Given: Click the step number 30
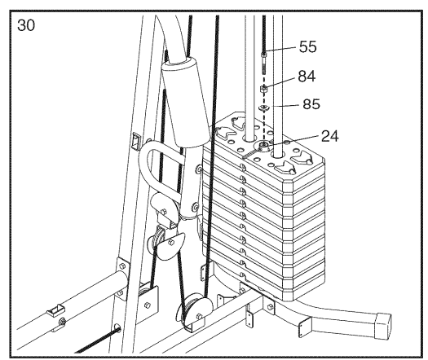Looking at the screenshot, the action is pyautogui.click(x=26, y=25).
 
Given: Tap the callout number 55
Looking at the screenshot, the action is pyautogui.click(x=308, y=46).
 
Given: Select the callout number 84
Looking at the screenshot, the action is pyautogui.click(x=307, y=77).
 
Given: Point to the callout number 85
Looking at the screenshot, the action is pyautogui.click(x=311, y=104).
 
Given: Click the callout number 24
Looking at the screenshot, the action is pyautogui.click(x=330, y=136).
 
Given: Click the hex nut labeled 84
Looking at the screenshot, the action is pyautogui.click(x=263, y=89).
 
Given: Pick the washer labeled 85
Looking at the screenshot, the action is pyautogui.click(x=263, y=108).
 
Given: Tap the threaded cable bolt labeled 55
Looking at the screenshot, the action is pyautogui.click(x=264, y=63).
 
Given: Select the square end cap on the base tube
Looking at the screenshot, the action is pyautogui.click(x=382, y=326).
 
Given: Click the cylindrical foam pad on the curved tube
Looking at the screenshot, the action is pyautogui.click(x=186, y=103).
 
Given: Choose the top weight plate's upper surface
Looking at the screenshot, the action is pyautogui.click(x=269, y=142).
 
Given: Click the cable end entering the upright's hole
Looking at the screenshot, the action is pyautogui.click(x=117, y=330).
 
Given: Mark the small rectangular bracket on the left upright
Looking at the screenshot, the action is pyautogui.click(x=135, y=141).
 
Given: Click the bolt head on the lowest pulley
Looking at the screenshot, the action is pyautogui.click(x=199, y=317).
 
